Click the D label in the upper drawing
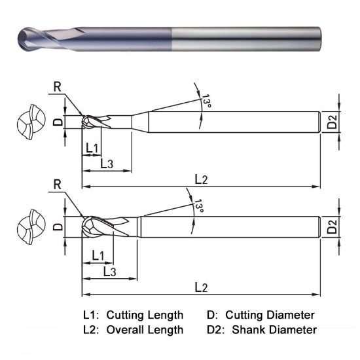coord(57,122)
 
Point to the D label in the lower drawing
coord(57,228)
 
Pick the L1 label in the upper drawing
coord(92,149)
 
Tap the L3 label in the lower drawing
coord(110,270)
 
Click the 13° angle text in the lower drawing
coord(199,207)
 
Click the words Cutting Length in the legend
coord(145,315)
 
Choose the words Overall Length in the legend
coord(145,329)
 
